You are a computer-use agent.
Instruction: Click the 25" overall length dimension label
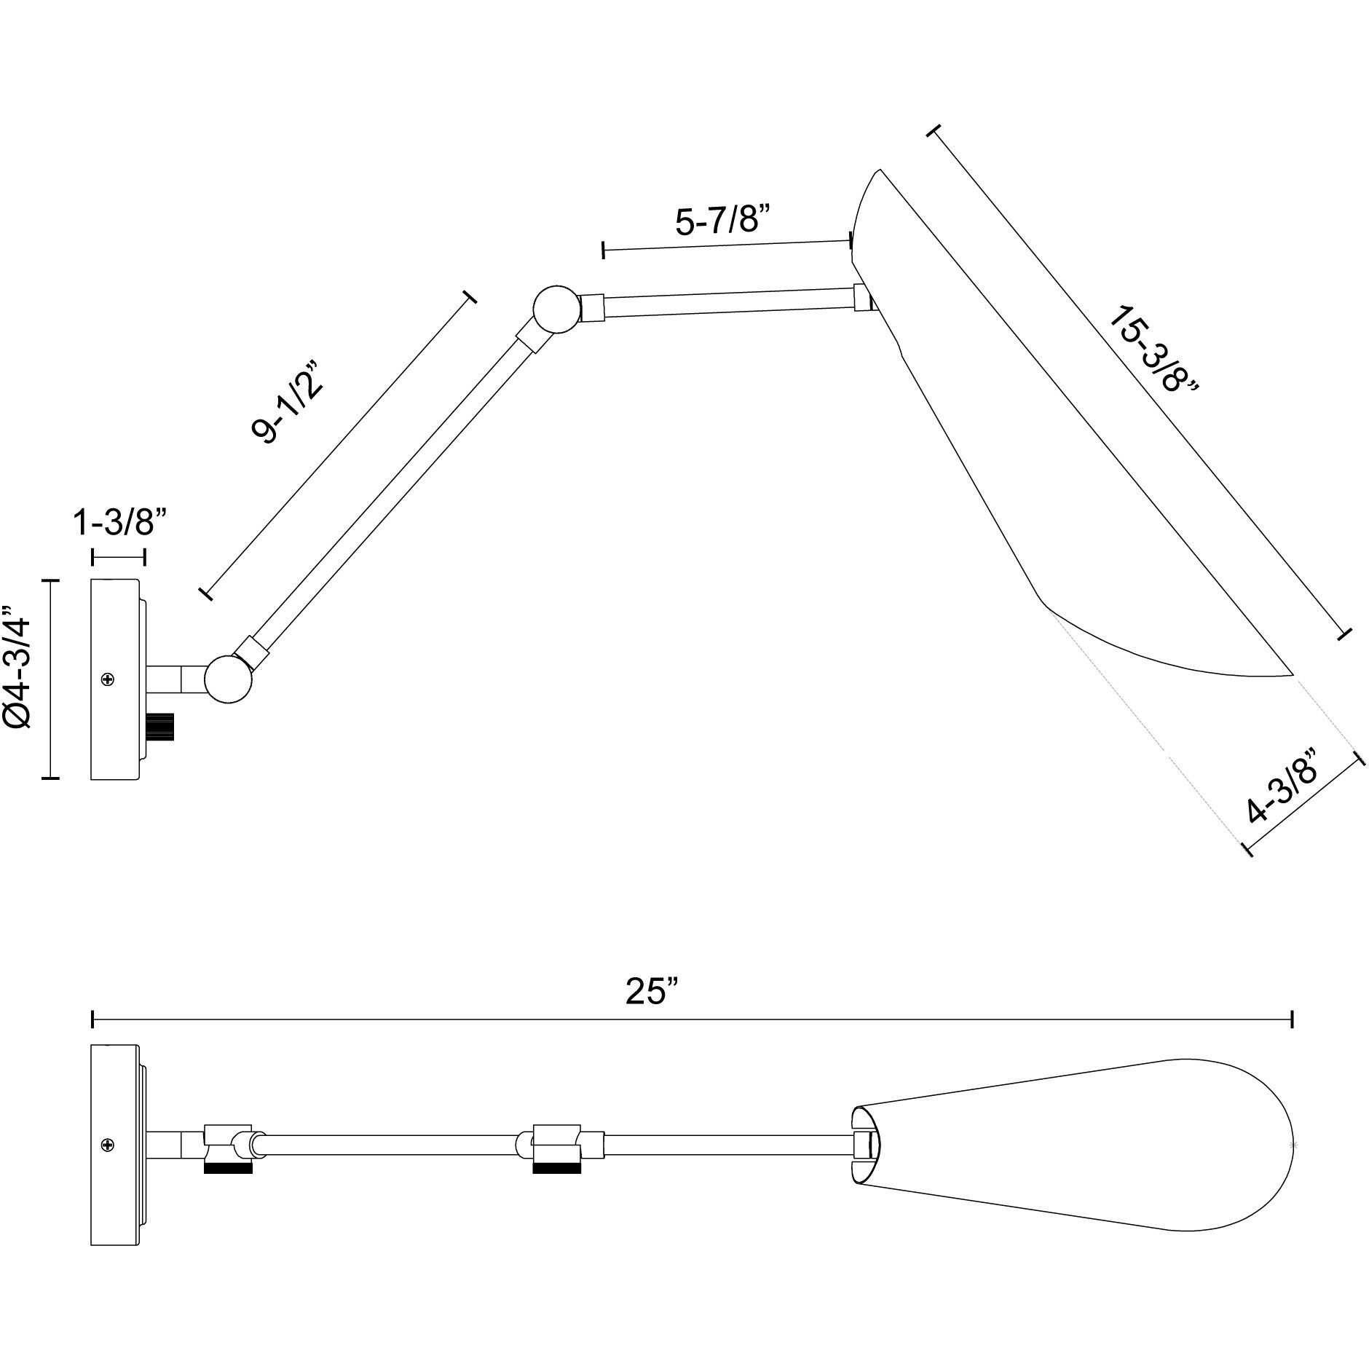click(x=652, y=991)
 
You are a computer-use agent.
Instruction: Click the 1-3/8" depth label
click(x=121, y=522)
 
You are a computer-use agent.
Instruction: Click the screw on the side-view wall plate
click(x=109, y=679)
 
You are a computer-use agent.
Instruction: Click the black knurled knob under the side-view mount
click(x=161, y=726)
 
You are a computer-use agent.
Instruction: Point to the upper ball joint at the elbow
click(x=557, y=309)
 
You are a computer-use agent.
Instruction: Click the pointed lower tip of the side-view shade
click(x=1292, y=675)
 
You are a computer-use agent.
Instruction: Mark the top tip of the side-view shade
click(x=879, y=170)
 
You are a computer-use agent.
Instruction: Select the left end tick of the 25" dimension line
click(x=92, y=1019)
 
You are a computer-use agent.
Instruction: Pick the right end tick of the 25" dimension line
click(x=1292, y=1019)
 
